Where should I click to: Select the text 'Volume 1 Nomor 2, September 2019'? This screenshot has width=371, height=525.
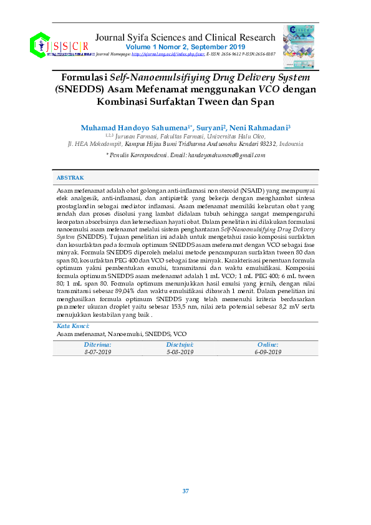pos(185,47)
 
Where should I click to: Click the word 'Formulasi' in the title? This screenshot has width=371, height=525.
pos(85,78)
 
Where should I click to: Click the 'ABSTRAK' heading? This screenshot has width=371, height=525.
pos(70,178)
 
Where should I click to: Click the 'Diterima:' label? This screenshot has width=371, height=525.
pos(97,345)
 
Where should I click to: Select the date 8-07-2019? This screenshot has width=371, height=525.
pos(97,352)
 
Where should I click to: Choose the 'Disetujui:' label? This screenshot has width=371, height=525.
pos(180,345)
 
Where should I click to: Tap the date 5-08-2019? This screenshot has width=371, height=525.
pos(180,352)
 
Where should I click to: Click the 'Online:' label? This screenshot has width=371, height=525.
pos(268,345)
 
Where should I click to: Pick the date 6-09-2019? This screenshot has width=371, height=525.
pos(268,352)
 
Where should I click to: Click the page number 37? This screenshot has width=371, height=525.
pos(185,491)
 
